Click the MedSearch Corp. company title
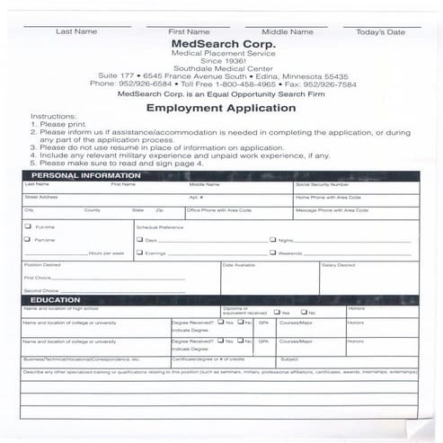pos(223,43)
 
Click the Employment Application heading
pos(221,108)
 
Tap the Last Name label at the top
pos(76,31)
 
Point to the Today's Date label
pos(380,32)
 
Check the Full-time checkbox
pos(27,226)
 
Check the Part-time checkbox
pos(27,240)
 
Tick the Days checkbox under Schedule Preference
pos(140,240)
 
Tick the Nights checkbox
pos(273,240)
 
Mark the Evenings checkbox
pos(140,253)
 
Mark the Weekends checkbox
pos(273,253)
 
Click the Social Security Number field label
pos(322,184)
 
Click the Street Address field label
pos(41,196)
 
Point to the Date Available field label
pos(239,265)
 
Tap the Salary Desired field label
pos(338,265)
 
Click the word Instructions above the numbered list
pos(48,117)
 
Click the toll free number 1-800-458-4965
pos(247,84)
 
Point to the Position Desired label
pos(42,265)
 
